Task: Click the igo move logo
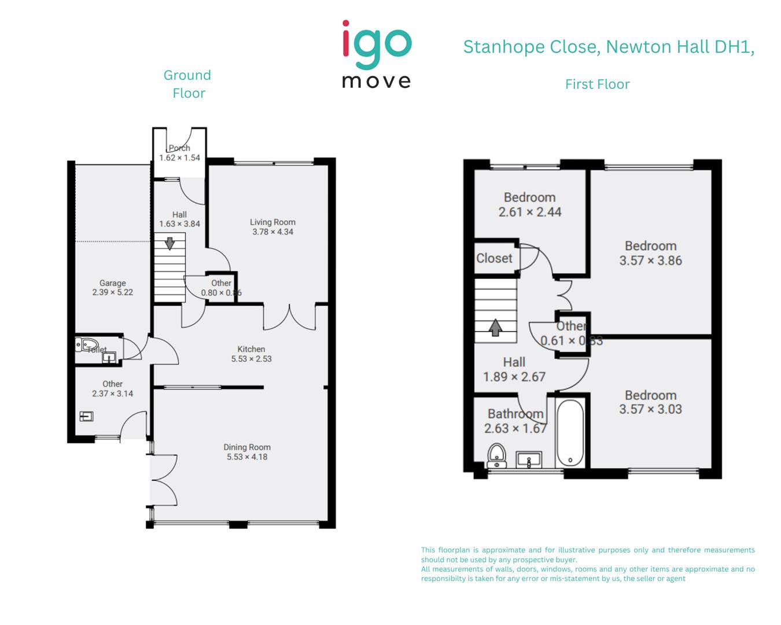click(x=377, y=54)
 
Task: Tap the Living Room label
click(x=272, y=222)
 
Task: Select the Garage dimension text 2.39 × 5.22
click(x=112, y=292)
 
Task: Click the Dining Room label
click(x=247, y=447)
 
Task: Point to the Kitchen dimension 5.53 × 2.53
click(x=251, y=359)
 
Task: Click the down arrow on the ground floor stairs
click(x=170, y=243)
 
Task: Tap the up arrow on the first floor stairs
click(x=495, y=328)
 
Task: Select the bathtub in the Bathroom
click(x=571, y=433)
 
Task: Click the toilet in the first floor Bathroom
click(x=496, y=455)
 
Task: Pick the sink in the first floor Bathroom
click(x=528, y=460)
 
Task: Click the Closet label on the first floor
click(x=494, y=258)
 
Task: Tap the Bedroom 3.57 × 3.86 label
click(x=650, y=253)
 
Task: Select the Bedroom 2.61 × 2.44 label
click(x=529, y=205)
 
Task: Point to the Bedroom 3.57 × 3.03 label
click(x=650, y=402)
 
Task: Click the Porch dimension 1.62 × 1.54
click(x=179, y=157)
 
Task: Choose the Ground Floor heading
click(x=187, y=84)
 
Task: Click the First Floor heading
click(x=597, y=84)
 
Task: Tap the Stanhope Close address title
click(x=609, y=47)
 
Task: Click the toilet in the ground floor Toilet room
click(x=86, y=346)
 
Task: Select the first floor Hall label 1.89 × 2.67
click(x=514, y=369)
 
